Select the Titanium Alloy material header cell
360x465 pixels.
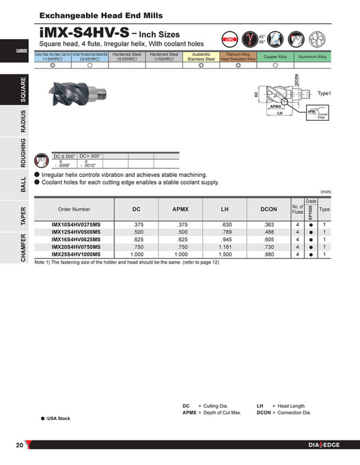pyautogui.click(x=238, y=57)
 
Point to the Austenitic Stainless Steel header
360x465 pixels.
pyautogui.click(x=201, y=57)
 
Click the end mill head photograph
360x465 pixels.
pyautogui.click(x=74, y=97)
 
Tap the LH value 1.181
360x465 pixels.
pyautogui.click(x=226, y=246)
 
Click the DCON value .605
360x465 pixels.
pyautogui.click(x=269, y=240)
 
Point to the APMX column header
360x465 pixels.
pyautogui.click(x=182, y=210)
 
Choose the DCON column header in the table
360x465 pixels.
pyautogui.click(x=269, y=210)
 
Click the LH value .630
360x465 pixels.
pyautogui.click(x=226, y=225)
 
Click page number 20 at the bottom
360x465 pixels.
pyautogui.click(x=20, y=446)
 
